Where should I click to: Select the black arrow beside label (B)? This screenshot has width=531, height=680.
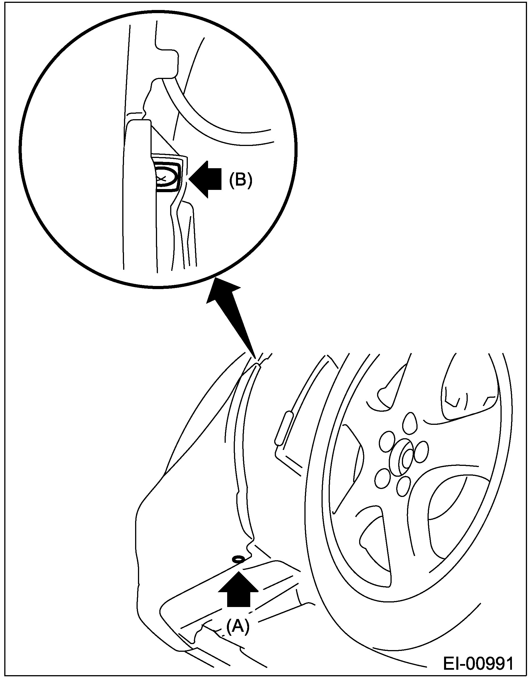pyautogui.click(x=206, y=179)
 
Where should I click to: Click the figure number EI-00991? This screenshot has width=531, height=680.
pyautogui.click(x=478, y=664)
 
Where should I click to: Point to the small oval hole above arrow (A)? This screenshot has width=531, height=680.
pyautogui.click(x=238, y=559)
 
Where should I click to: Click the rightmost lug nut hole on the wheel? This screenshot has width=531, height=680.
pyautogui.click(x=422, y=450)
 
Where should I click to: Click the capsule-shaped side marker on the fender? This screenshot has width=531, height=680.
pyautogui.click(x=283, y=428)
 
